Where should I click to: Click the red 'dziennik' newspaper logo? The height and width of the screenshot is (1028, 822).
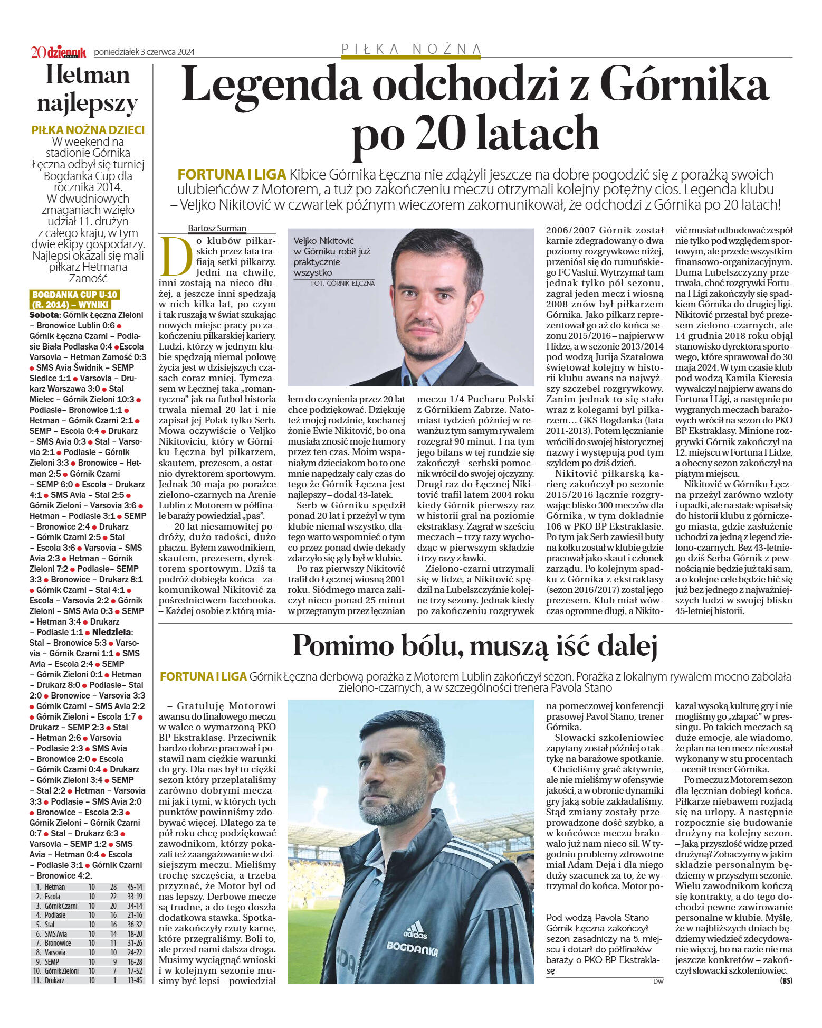[65, 52]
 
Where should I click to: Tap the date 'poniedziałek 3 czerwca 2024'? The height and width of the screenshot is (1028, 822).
[144, 52]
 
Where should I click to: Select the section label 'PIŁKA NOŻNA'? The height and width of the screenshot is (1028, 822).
[412, 49]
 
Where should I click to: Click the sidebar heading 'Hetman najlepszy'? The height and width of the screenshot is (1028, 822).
[88, 89]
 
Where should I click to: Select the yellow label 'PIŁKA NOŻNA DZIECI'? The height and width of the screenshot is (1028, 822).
[88, 130]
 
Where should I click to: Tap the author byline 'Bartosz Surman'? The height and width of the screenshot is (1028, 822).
[217, 229]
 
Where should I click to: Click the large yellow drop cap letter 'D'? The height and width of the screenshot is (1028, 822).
[176, 257]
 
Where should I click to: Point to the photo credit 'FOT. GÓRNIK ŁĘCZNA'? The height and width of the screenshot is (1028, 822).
[343, 284]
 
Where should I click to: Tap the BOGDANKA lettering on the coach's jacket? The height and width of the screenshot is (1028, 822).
[412, 949]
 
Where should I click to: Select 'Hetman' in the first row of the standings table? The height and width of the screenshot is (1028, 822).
[55, 887]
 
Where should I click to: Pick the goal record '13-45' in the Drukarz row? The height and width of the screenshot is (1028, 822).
[135, 980]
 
